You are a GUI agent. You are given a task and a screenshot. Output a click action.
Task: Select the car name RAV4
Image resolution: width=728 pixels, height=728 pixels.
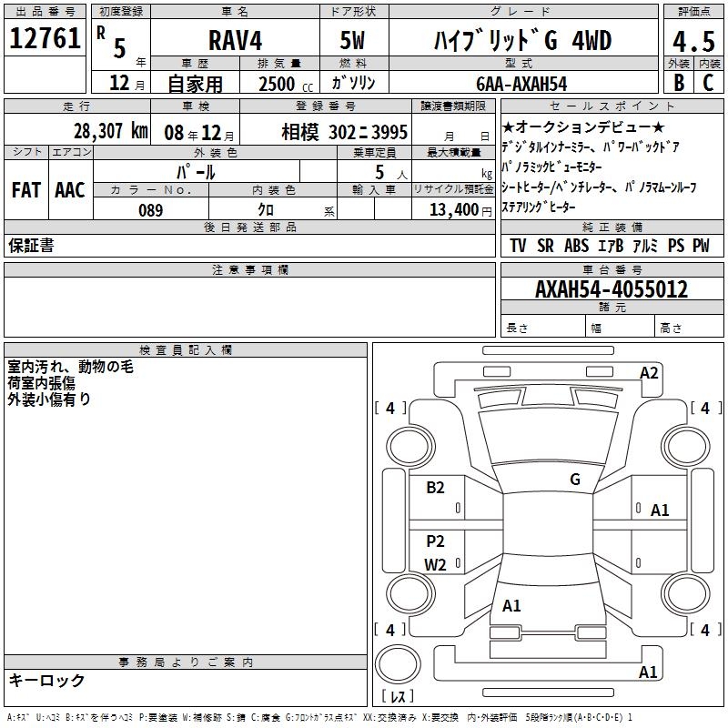click(x=234, y=41)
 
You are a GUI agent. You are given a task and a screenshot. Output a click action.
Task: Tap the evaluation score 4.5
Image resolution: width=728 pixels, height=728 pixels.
click(x=693, y=42)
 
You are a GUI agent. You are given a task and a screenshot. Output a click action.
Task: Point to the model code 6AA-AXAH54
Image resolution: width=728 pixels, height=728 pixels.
click(x=521, y=84)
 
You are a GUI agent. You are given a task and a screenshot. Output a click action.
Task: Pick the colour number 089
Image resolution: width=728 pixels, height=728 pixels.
click(x=150, y=210)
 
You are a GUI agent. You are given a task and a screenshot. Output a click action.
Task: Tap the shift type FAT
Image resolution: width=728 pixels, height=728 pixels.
click(x=25, y=190)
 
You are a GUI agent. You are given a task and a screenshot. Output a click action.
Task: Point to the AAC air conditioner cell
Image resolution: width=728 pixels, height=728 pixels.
click(x=70, y=190)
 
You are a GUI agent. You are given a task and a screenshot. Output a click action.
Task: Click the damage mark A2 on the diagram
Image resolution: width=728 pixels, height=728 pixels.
click(x=649, y=372)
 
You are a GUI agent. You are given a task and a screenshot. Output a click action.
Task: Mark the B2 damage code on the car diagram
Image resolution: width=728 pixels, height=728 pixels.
click(x=436, y=488)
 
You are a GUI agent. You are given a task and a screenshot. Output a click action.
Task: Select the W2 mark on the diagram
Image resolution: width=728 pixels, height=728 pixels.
click(x=436, y=564)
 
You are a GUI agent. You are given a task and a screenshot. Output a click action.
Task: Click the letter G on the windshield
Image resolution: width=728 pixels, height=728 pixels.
click(x=575, y=480)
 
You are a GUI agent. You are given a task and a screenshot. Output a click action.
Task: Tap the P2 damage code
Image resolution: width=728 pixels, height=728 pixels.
click(x=436, y=541)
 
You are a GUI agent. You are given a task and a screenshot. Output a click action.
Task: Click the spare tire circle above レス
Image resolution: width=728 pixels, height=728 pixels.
click(x=395, y=663)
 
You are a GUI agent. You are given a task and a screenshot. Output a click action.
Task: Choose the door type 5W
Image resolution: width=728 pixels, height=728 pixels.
click(x=353, y=41)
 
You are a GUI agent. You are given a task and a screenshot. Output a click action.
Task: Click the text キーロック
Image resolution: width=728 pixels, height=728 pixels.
click(x=47, y=680)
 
